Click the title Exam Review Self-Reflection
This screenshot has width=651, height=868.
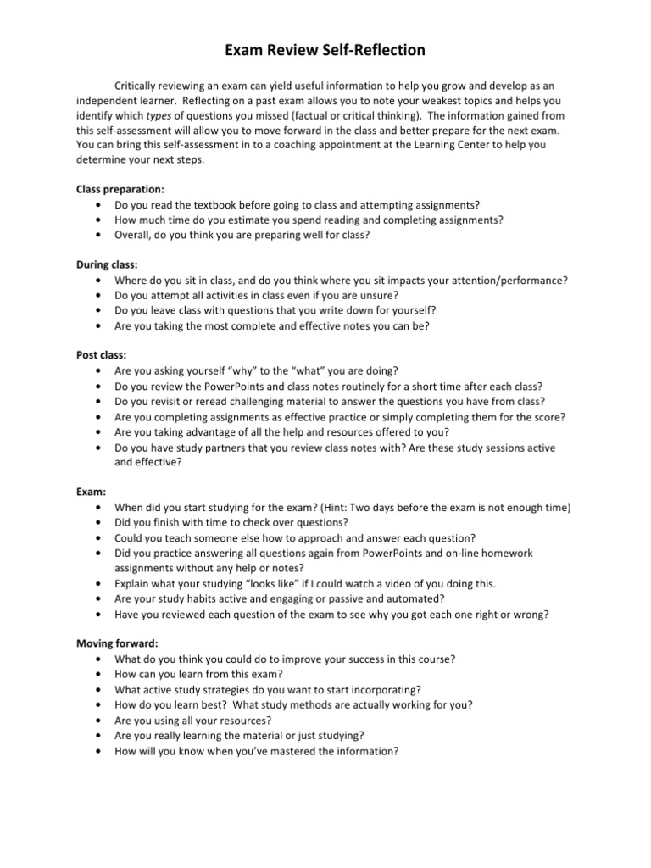[x=325, y=52]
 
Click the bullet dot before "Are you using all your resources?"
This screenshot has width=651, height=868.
[x=103, y=720]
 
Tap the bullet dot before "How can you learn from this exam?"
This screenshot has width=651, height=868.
[x=103, y=674]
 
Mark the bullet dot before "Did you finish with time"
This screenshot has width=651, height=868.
[x=103, y=523]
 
